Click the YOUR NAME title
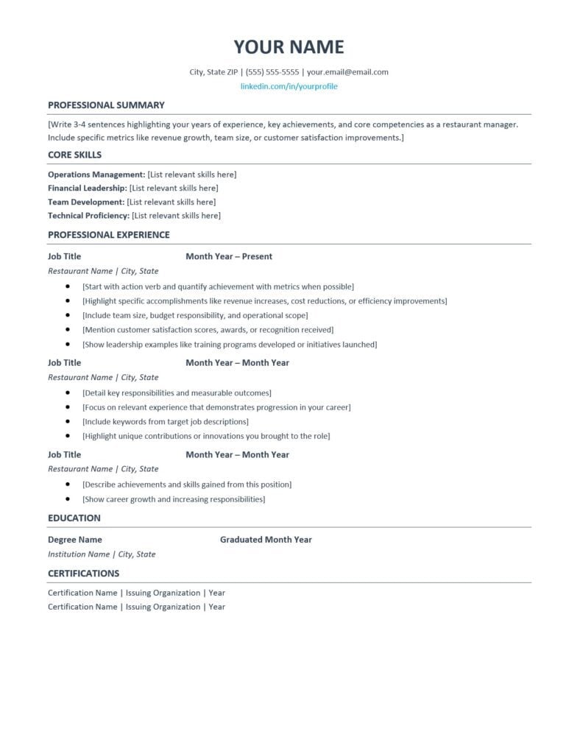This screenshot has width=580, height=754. coord(289,47)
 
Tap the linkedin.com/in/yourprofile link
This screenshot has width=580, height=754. coord(289,86)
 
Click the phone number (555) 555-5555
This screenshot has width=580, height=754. coord(272,72)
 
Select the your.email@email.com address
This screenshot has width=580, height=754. coord(347,72)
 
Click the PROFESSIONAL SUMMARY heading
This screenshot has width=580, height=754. coord(106,105)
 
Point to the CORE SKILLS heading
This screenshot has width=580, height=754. coord(74,155)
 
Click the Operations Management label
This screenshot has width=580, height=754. coord(96,175)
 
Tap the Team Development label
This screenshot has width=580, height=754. coord(86,202)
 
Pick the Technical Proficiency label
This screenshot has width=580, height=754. coord(88,216)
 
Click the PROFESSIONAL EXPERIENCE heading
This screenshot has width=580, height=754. coord(108,235)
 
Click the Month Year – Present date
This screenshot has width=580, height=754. coord(229,257)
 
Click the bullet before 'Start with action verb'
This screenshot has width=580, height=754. coord(68,286)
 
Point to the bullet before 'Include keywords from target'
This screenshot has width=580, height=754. coord(68,422)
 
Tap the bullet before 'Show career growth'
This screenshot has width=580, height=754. coord(68,499)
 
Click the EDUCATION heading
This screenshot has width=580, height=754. coord(74,518)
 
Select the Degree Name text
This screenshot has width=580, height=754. coord(75,540)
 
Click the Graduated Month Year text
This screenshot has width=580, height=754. coord(266,540)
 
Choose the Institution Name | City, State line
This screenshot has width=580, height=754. coord(102,554)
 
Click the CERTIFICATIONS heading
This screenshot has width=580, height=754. coord(83,574)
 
